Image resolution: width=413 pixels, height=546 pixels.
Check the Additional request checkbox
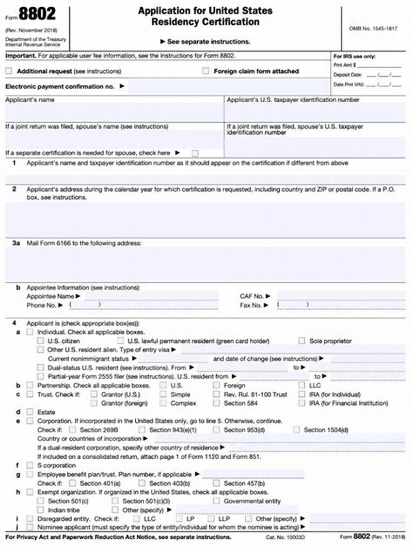[x=9, y=71]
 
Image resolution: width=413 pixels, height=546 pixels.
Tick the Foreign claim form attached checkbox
[x=206, y=71]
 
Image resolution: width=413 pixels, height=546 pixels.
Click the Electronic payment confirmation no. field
[x=227, y=87]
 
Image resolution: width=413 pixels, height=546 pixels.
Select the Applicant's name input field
[x=114, y=113]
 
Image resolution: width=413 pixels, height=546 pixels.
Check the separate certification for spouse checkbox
[x=195, y=153]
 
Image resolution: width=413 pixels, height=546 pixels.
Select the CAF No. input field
[x=341, y=296]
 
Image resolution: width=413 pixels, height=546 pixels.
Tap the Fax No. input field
[x=341, y=305]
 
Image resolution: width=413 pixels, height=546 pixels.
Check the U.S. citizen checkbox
[x=41, y=341]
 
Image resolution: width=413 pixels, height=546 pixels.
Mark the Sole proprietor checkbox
[x=302, y=341]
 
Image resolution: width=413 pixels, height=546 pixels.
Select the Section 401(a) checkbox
[x=72, y=484]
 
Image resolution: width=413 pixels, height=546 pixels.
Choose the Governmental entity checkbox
[x=216, y=501]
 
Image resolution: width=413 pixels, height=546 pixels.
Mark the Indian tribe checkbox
[x=41, y=510]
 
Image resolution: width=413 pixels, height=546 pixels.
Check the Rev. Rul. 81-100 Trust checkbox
[x=216, y=394]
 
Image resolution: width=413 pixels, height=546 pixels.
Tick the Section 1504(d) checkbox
[x=296, y=430]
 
